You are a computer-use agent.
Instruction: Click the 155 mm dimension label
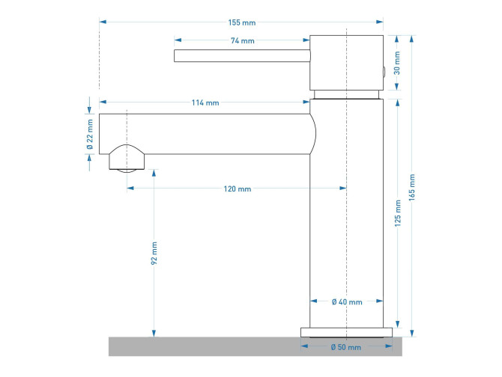click(240, 22)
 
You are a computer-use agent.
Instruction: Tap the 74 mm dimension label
click(242, 40)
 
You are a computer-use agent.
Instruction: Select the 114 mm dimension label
click(205, 102)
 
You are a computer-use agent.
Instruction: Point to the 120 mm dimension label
click(238, 189)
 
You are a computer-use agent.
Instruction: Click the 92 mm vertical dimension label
click(154, 254)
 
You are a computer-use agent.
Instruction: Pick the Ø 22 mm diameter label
click(90, 134)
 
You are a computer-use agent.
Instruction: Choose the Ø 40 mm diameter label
click(347, 302)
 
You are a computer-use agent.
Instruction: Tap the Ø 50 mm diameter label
click(346, 348)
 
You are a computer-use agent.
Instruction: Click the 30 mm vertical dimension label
click(397, 62)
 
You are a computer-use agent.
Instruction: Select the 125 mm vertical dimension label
click(399, 213)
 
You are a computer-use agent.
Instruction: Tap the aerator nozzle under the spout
click(126, 159)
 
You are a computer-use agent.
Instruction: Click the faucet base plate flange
click(346, 332)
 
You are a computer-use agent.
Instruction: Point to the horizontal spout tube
click(210, 133)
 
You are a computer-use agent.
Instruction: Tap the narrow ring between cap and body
click(347, 95)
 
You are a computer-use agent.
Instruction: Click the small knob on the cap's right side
click(384, 72)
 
